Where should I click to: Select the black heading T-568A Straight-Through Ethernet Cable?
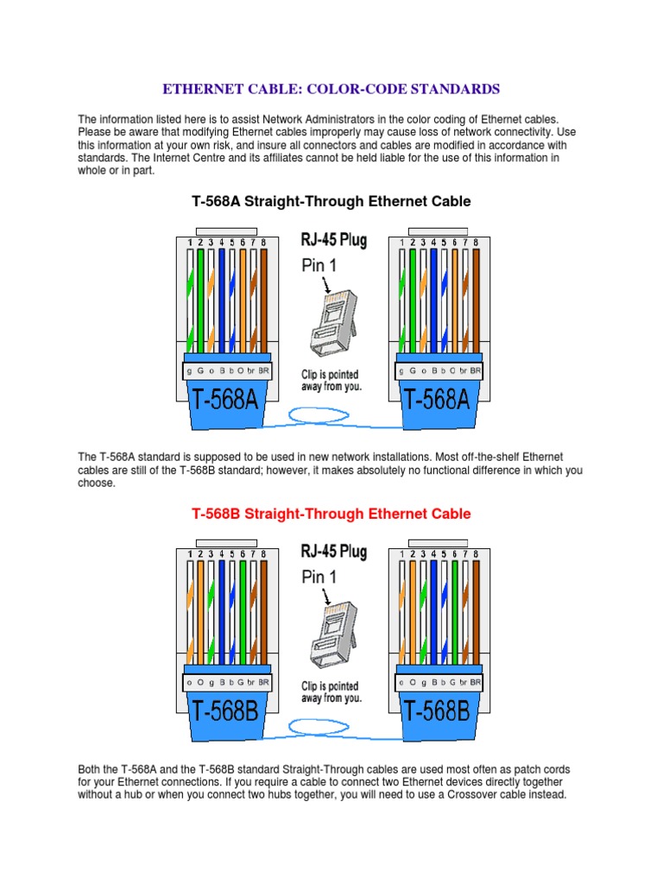(x=331, y=201)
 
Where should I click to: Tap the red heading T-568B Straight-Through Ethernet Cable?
(x=331, y=514)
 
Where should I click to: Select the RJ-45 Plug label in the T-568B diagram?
(x=334, y=551)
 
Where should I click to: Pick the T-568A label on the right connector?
(x=439, y=401)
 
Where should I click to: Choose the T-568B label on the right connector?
(x=439, y=711)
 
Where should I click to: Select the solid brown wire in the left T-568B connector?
(x=263, y=613)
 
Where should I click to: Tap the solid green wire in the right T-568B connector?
(x=454, y=613)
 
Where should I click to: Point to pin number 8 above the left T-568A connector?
(x=263, y=243)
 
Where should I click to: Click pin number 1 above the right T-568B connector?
(x=401, y=553)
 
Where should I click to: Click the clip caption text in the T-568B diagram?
(x=331, y=691)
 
